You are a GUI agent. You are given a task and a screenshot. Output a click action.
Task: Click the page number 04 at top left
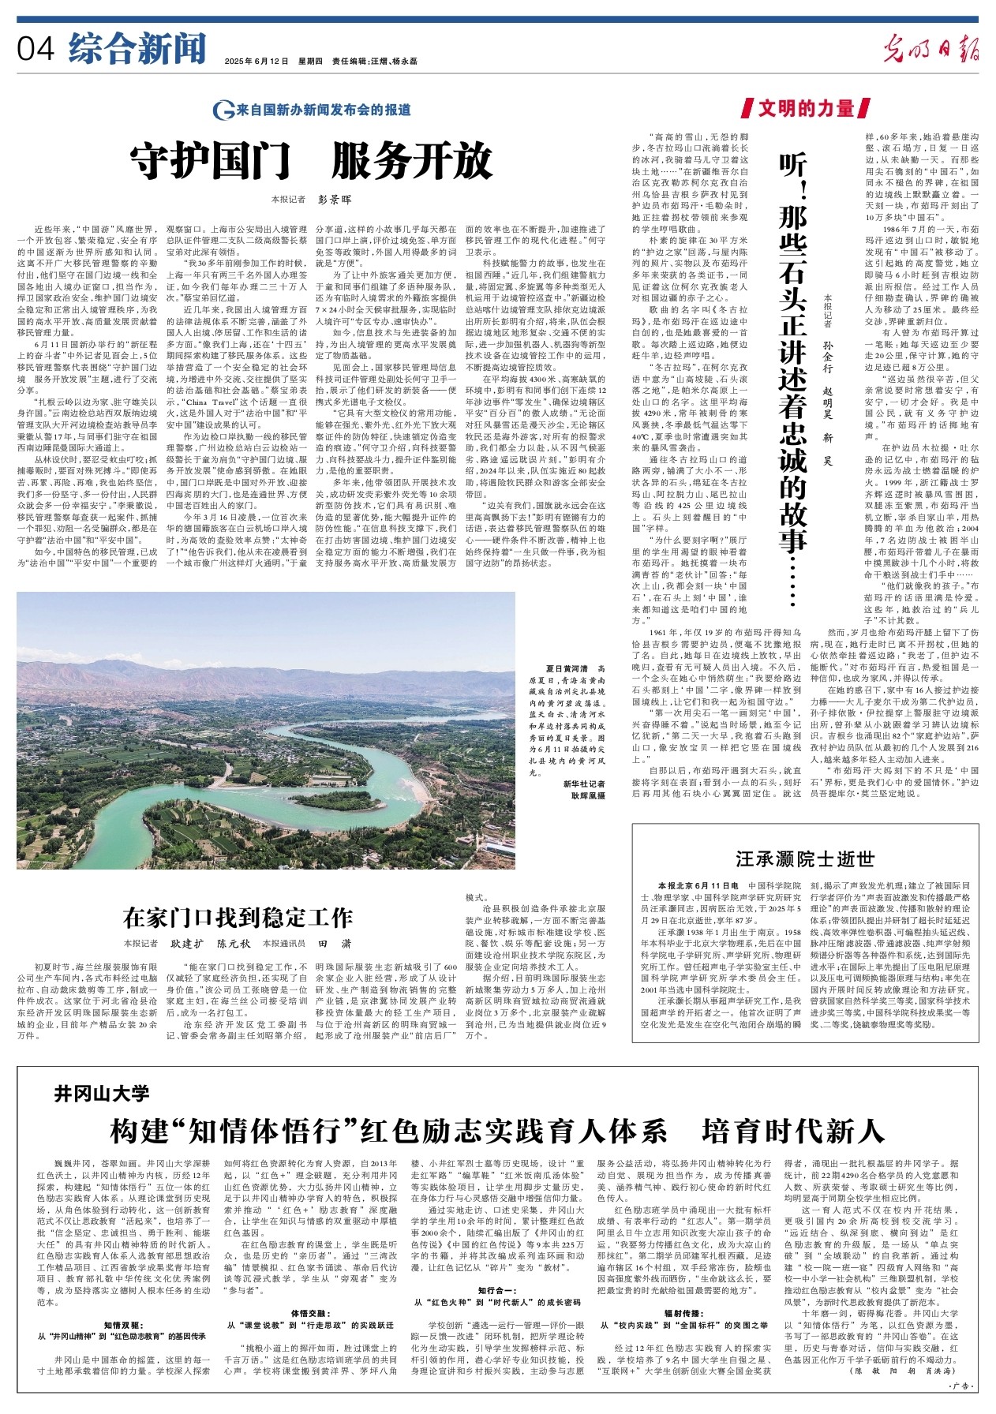(x=36, y=50)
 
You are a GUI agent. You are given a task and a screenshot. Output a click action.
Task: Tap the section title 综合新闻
(x=137, y=48)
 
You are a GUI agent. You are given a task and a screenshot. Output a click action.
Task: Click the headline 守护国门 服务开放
(x=312, y=164)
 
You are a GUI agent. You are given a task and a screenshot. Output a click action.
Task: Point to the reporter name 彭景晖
(x=334, y=200)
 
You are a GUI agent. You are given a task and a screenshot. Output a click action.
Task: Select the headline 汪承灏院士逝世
(x=805, y=858)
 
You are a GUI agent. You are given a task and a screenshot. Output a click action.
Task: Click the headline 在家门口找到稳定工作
(x=238, y=918)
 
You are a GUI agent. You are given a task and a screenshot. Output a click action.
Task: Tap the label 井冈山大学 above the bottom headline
(x=102, y=1093)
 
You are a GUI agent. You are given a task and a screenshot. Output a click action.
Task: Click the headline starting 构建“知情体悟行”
(x=497, y=1131)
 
